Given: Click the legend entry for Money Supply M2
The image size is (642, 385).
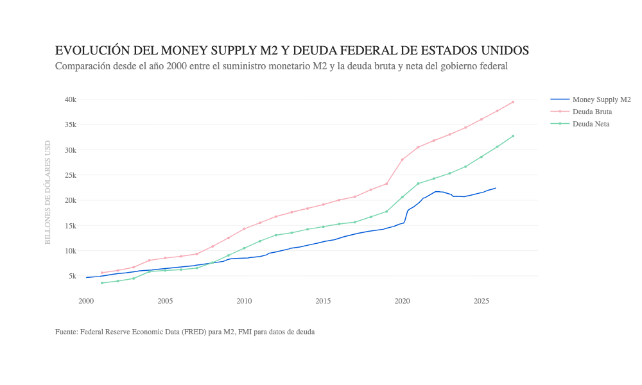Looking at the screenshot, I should click(x=601, y=99).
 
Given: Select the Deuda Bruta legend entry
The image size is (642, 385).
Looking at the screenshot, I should click(x=592, y=112).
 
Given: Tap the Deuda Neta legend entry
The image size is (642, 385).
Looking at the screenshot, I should click(x=591, y=124).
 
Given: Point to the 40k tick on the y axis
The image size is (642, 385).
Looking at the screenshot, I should click(x=70, y=99).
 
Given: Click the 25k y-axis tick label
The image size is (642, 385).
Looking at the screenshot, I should click(x=70, y=175).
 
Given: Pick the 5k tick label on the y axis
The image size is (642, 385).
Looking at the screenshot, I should click(x=72, y=276).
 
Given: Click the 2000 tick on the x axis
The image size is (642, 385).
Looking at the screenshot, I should click(x=86, y=301).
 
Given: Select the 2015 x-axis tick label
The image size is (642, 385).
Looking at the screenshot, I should click(x=323, y=301).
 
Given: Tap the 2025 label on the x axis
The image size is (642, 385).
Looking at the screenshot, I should click(x=481, y=301).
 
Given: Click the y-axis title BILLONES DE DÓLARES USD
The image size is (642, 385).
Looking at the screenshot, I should click(x=48, y=193).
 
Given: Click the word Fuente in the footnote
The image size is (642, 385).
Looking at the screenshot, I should click(x=66, y=332).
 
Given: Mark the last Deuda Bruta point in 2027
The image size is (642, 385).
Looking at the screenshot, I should click(x=513, y=102).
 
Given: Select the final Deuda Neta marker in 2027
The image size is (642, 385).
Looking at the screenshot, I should click(x=513, y=136).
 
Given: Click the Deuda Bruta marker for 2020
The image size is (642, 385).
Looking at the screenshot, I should click(x=403, y=159).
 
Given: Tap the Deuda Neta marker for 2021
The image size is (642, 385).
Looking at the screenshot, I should click(x=418, y=184).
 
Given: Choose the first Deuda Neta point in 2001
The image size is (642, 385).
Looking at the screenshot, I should click(x=102, y=283).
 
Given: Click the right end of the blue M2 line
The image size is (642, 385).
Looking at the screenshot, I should click(x=496, y=188).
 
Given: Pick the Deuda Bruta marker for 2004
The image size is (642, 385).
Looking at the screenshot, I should click(x=150, y=260).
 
